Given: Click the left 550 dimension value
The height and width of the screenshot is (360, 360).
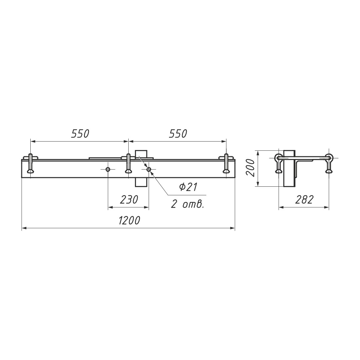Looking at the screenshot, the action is (80, 134).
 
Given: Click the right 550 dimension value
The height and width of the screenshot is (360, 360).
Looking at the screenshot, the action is (178, 134).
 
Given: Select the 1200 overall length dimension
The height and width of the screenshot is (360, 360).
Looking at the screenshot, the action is (129, 220).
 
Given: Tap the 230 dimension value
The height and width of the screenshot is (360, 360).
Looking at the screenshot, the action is (129, 200).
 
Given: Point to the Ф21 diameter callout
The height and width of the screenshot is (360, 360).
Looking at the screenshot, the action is (188, 187).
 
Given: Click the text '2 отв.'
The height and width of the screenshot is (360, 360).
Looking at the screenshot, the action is (188, 204).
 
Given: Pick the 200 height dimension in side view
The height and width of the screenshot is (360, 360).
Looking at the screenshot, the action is (250, 168).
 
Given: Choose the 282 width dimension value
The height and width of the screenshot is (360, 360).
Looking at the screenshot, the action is (304, 200).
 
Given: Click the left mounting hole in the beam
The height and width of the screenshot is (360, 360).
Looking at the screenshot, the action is (108, 169).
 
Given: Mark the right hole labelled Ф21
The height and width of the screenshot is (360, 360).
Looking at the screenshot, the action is (149, 169).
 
